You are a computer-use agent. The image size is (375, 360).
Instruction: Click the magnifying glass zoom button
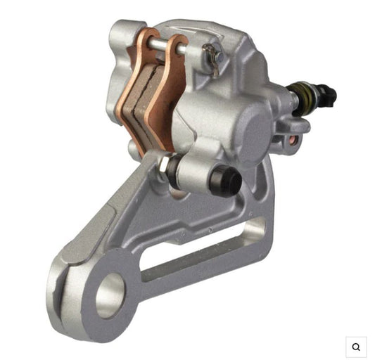[x=356, y=346]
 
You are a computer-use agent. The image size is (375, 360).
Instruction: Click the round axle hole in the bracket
[x=110, y=295]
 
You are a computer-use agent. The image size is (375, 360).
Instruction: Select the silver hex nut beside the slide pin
[x=163, y=167]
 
